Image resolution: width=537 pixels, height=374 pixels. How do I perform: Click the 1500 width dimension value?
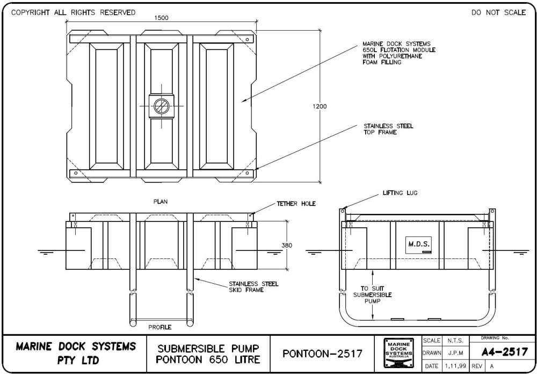161,17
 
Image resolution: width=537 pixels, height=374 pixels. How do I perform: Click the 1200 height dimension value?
320,106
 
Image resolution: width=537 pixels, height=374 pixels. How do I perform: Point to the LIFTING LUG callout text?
400,192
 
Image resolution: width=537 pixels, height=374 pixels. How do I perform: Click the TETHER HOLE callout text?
296,204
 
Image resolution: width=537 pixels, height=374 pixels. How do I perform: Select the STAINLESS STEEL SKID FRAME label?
253,287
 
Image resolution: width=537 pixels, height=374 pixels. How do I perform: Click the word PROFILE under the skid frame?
160,327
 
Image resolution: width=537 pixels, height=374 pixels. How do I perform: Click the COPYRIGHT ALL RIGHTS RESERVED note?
70,12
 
